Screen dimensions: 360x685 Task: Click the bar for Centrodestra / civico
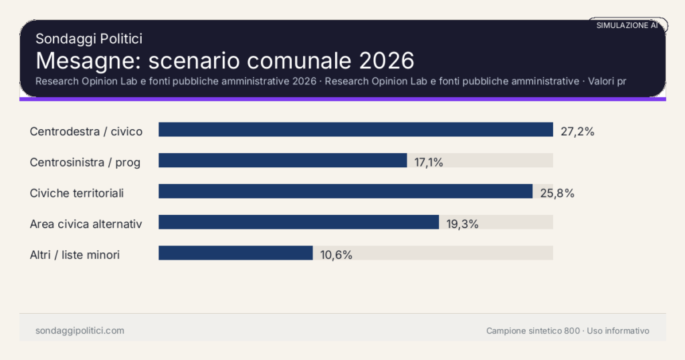tap(355, 130)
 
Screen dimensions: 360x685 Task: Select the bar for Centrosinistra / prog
tap(282, 161)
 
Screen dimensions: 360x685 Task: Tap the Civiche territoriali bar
tap(345, 191)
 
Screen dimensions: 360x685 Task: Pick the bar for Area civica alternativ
tap(298, 222)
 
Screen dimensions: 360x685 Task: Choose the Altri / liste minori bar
tap(235, 253)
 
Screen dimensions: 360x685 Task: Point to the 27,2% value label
tap(577, 131)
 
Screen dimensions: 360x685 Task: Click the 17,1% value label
tap(429, 162)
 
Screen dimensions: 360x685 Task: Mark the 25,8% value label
tap(557, 193)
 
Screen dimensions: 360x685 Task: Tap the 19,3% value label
tap(462, 223)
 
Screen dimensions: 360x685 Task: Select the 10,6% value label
tap(336, 254)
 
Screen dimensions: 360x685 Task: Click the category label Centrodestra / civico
tap(86, 131)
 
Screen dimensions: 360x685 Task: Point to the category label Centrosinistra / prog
tap(84, 162)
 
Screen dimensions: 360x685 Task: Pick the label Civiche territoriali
tap(77, 193)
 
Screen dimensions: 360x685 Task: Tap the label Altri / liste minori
tap(75, 254)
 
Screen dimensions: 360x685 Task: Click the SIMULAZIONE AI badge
tap(627, 25)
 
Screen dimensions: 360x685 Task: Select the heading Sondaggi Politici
tap(89, 39)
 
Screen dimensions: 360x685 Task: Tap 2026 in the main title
tap(387, 60)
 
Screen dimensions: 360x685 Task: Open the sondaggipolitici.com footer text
tap(80, 331)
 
